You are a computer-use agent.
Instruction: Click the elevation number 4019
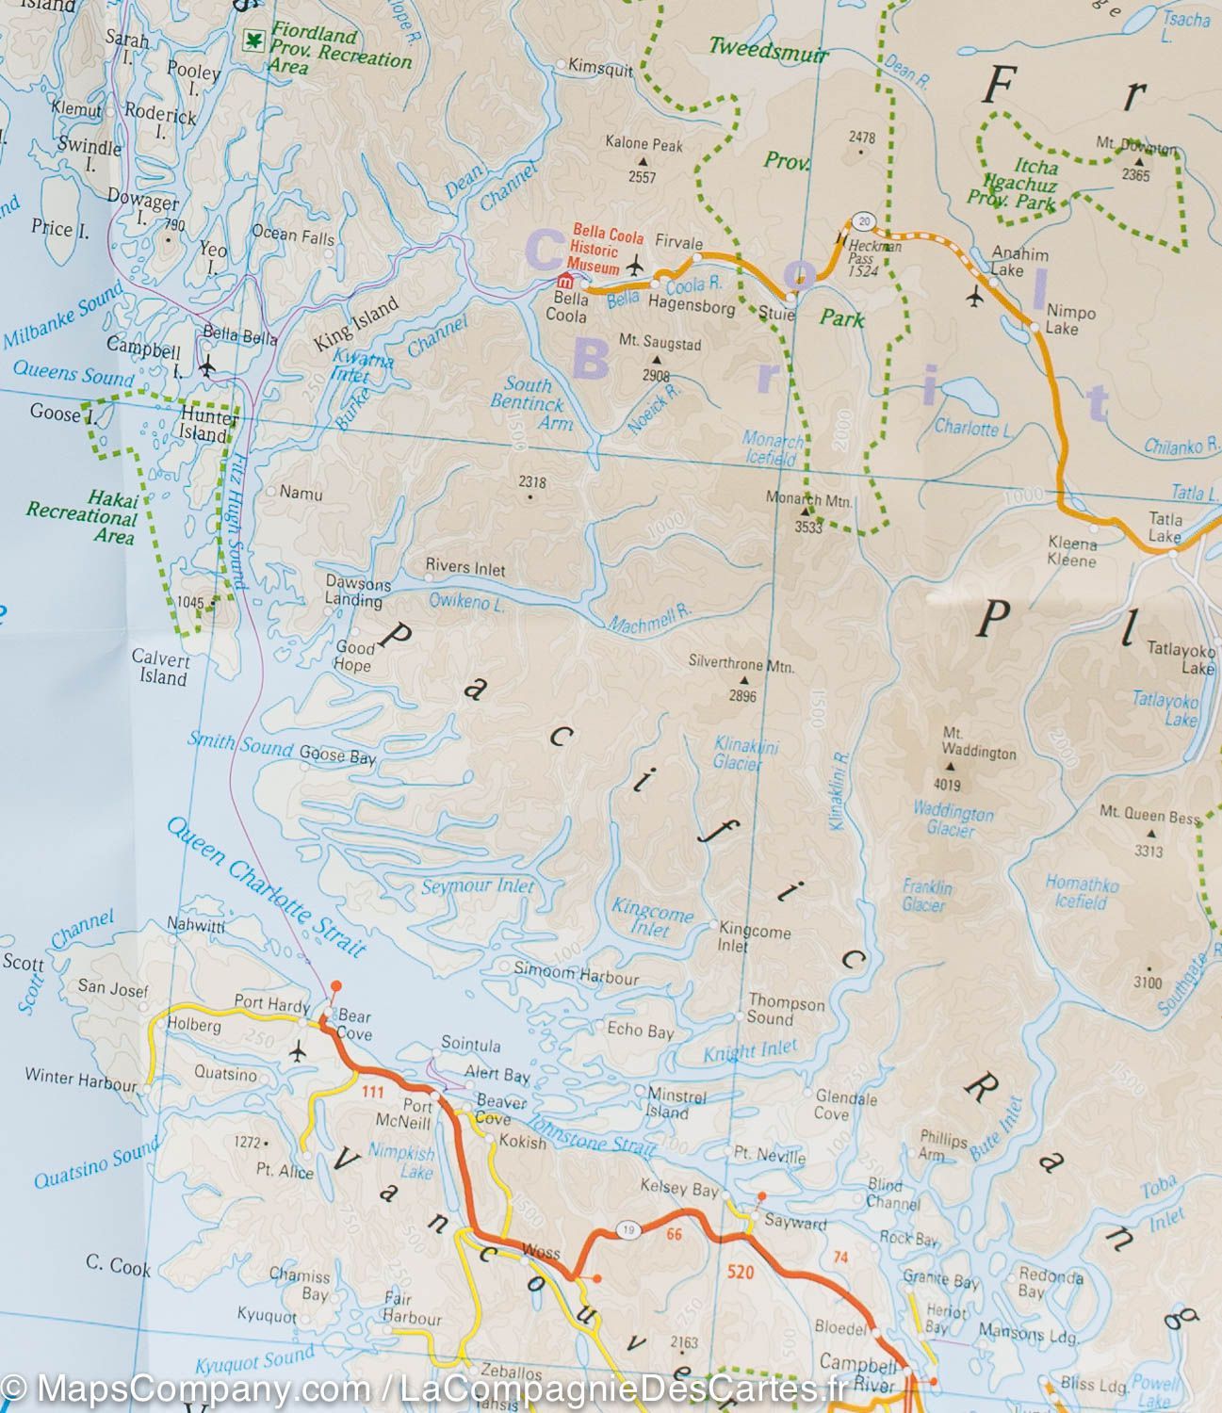click(947, 785)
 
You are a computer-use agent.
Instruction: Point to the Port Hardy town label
click(271, 1004)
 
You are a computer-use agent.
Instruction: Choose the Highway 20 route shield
click(863, 221)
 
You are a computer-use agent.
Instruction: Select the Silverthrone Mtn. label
click(741, 664)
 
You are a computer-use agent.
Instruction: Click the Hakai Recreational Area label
click(82, 517)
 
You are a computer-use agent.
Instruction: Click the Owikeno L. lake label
click(466, 601)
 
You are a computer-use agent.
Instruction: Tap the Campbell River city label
click(857, 1373)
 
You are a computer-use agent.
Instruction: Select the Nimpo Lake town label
click(1070, 319)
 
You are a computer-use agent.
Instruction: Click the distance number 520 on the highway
click(741, 1273)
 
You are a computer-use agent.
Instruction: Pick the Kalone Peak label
click(644, 144)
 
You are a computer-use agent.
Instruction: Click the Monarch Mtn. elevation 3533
click(808, 528)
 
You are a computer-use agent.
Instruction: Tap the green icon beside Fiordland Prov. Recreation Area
click(253, 39)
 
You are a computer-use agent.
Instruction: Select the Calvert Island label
click(160, 667)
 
